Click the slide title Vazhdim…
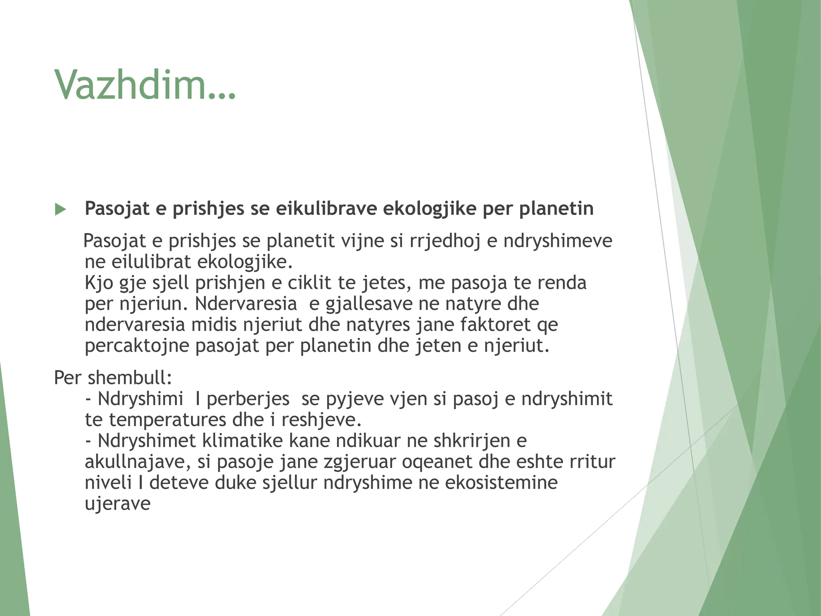145,85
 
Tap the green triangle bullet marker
60,209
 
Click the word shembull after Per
129,377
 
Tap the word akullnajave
137,462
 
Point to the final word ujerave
117,503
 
